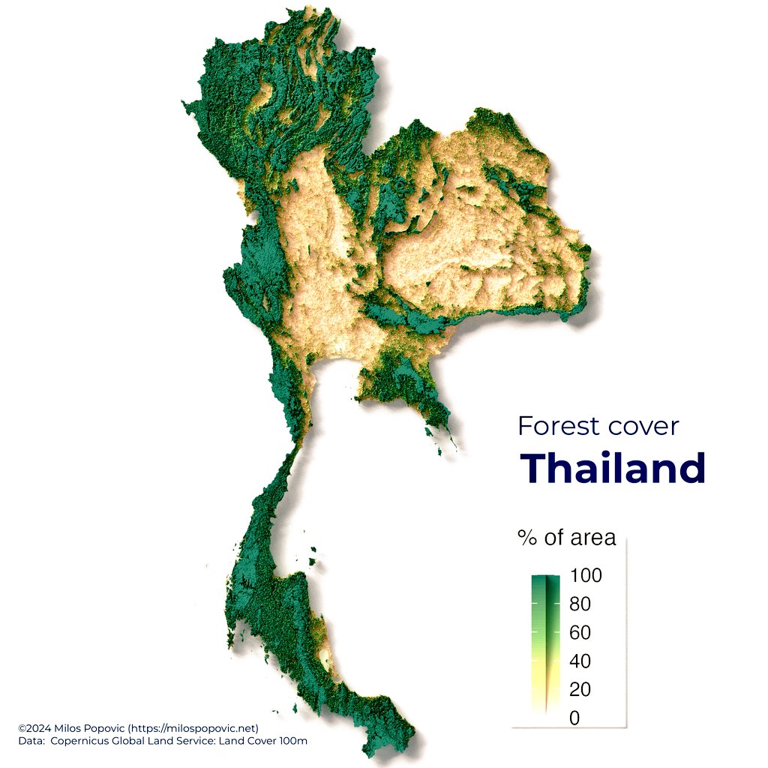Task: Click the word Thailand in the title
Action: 613,468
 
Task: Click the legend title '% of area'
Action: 566,538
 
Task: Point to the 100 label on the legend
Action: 586,576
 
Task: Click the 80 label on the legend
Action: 580,604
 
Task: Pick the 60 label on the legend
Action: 580,633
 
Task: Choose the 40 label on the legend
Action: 580,661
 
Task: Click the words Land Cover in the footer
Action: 249,741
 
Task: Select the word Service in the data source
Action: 198,741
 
